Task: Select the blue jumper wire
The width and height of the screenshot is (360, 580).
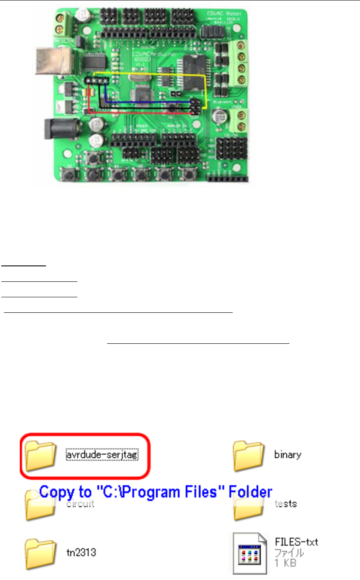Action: point(146,102)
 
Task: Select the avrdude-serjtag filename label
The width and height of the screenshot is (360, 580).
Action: point(102,454)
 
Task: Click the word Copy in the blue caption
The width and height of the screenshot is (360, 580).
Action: point(56,491)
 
